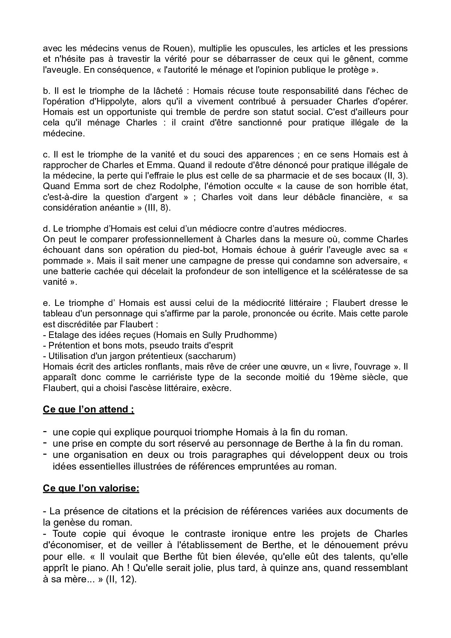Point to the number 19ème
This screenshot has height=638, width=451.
(343, 377)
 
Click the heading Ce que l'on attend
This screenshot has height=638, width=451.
(88, 409)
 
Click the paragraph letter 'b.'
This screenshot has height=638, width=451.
(46, 91)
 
